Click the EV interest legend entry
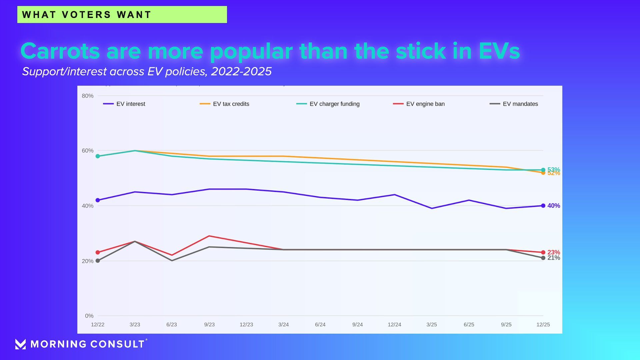tap(124, 104)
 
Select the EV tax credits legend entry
tap(224, 104)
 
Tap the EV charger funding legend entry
tap(328, 104)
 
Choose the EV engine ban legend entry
tap(419, 104)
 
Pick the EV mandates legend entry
tap(514, 104)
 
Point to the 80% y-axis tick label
tap(88, 96)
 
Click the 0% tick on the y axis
tap(89, 316)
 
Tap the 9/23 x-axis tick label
tap(209, 325)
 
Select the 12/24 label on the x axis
tap(394, 325)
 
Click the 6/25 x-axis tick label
tap(469, 325)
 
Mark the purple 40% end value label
tap(554, 206)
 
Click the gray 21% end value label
tap(554, 258)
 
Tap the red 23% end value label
tap(554, 252)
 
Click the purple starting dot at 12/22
tap(98, 200)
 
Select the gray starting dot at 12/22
tap(98, 261)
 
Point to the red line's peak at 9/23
tap(209, 236)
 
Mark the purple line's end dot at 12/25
tap(543, 206)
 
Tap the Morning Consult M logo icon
tap(20, 344)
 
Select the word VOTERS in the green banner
tap(86, 15)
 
